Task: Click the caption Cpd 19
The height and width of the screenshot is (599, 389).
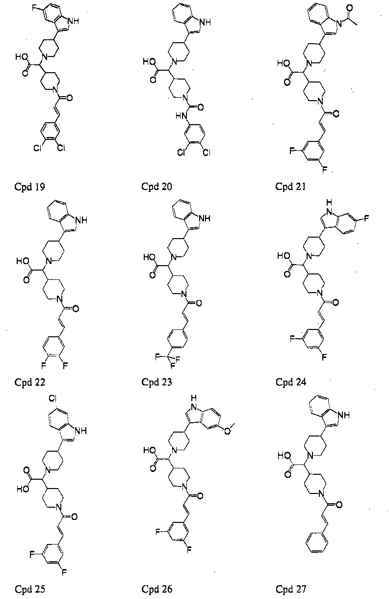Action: (29, 187)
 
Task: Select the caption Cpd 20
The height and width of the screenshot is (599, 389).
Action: (157, 187)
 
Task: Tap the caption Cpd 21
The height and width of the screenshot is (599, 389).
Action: (291, 187)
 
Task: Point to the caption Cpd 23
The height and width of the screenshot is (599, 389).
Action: (157, 382)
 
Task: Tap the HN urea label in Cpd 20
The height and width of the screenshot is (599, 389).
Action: (181, 116)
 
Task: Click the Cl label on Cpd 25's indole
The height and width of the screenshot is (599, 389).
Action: (52, 399)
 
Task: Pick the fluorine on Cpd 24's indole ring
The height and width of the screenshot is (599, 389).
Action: (366, 218)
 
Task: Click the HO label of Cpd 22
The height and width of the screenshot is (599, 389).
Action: (22, 261)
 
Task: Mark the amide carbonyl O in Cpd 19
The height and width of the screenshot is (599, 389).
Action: (70, 98)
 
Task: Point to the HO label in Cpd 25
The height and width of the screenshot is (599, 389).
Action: (23, 489)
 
